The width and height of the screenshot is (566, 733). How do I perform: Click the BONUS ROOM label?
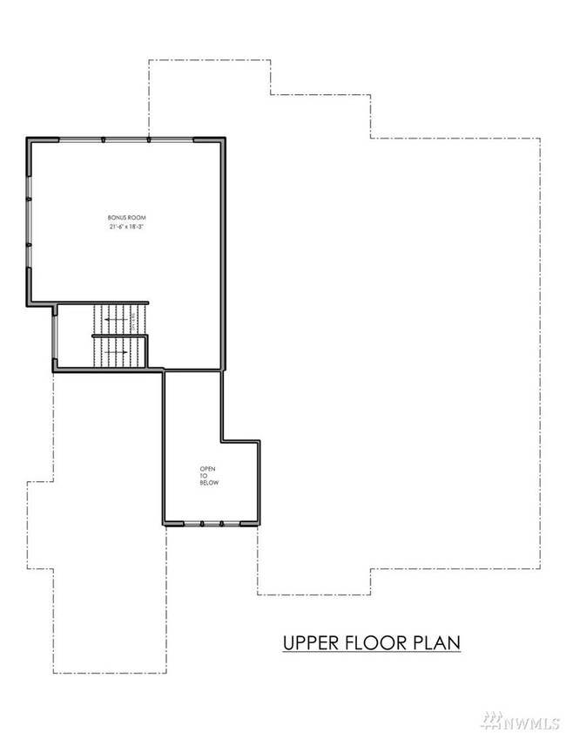[x=127, y=217]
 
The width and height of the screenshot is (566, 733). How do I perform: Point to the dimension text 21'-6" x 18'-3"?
[x=127, y=227]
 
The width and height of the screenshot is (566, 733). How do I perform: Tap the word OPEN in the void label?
[x=208, y=469]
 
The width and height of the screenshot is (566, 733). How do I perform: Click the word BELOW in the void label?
[x=209, y=483]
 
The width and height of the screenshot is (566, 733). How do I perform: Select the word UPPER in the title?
[x=311, y=642]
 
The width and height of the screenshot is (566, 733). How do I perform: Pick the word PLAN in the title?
[x=437, y=642]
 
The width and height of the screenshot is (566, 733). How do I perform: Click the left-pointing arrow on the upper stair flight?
[x=116, y=320]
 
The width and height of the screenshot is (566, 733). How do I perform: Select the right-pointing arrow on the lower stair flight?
[x=115, y=351]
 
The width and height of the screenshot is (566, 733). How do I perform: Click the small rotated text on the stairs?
[x=133, y=321]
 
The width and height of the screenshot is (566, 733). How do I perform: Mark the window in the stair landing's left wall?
[x=55, y=336]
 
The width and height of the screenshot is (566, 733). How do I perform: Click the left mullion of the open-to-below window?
[x=202, y=524]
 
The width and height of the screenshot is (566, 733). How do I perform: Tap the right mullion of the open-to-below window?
[x=222, y=524]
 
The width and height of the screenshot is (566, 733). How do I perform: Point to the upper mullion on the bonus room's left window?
[x=29, y=199]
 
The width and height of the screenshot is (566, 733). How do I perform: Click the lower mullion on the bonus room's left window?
[x=29, y=245]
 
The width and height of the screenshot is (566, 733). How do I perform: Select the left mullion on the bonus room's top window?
[x=104, y=139]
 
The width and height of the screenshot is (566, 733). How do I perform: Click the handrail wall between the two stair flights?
[x=119, y=336]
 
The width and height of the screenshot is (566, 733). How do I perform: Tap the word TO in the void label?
[x=204, y=476]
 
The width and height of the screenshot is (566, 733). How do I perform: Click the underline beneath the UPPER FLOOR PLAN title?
[x=372, y=652]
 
